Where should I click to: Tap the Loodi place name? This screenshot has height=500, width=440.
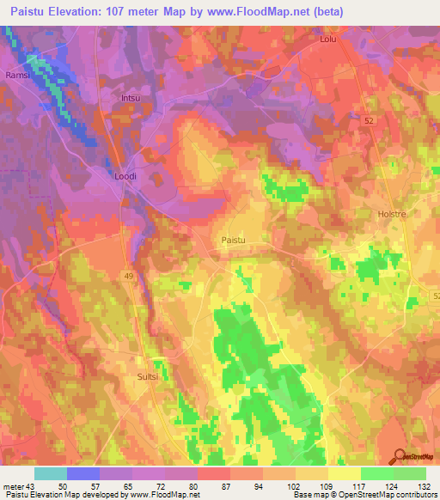pos(125,176)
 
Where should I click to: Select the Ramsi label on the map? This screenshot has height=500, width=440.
pos(18,75)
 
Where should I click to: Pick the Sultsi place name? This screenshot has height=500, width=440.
pos(150,376)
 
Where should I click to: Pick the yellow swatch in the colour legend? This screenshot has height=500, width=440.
pos(344,473)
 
